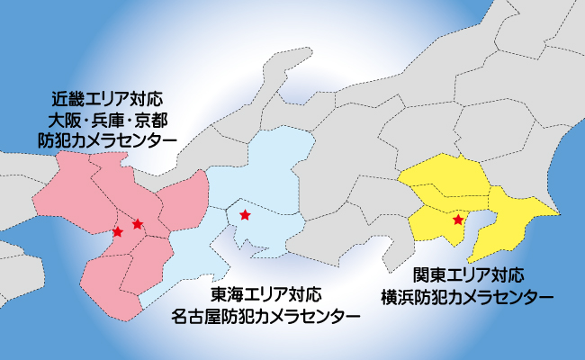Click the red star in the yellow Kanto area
pyautogui.click(x=458, y=220)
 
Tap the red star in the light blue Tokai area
pyautogui.click(x=245, y=215)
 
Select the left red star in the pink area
pyautogui.click(x=117, y=232)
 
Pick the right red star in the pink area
pyautogui.click(x=137, y=223)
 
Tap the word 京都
pyautogui.click(x=150, y=118)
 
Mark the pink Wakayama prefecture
pyautogui.click(x=108, y=288)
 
